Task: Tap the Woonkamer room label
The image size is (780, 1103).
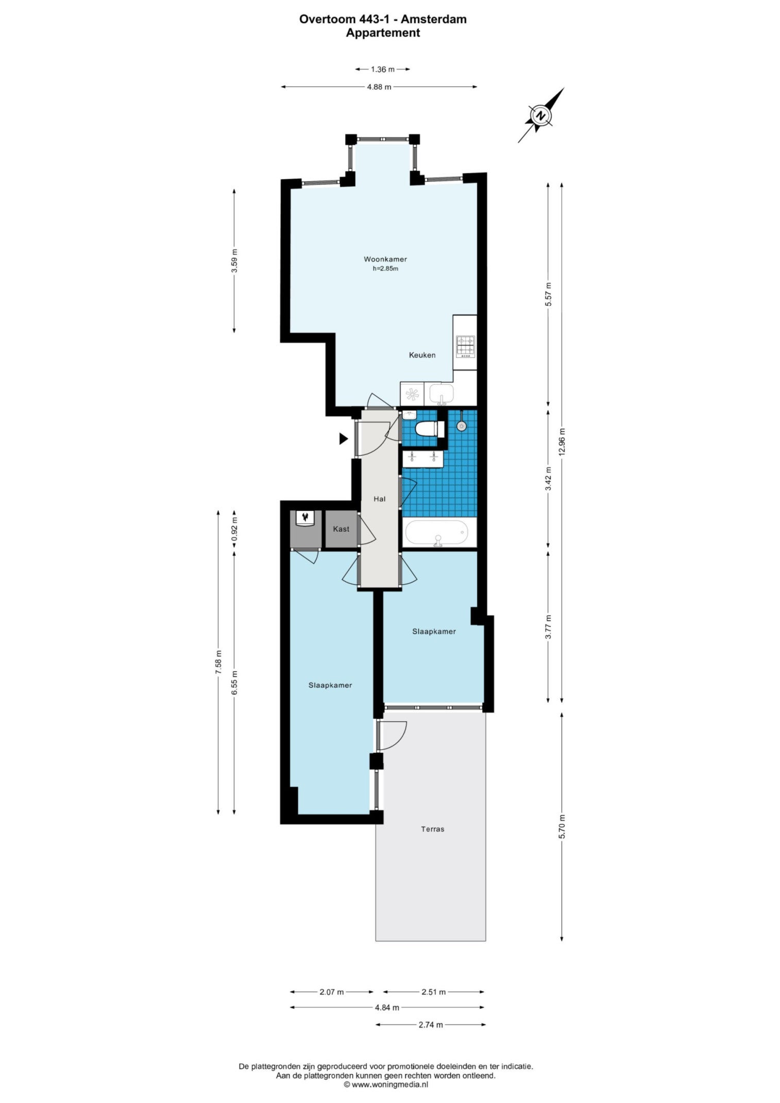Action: [x=385, y=259]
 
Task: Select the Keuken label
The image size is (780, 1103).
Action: [x=422, y=355]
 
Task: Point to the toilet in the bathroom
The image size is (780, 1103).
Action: [x=427, y=429]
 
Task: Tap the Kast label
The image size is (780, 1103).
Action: [x=341, y=529]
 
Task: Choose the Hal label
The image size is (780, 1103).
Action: [x=380, y=499]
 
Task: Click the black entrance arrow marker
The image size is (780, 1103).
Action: [x=344, y=439]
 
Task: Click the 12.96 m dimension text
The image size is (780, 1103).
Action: [x=562, y=442]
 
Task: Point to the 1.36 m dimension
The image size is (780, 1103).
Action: [x=383, y=69]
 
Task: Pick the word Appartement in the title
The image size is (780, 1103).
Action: [x=383, y=33]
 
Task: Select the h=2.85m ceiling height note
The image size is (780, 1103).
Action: [x=385, y=268]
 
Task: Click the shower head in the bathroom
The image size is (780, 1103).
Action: [x=462, y=426]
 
